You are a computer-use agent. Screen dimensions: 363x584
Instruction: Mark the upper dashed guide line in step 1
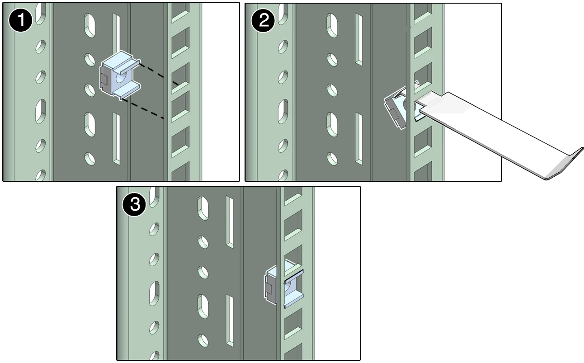pyautogui.click(x=158, y=73)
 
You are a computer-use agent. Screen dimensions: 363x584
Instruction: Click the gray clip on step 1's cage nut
pyautogui.click(x=104, y=80)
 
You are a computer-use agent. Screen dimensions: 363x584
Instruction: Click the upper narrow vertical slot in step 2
pyautogui.click(x=359, y=39)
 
